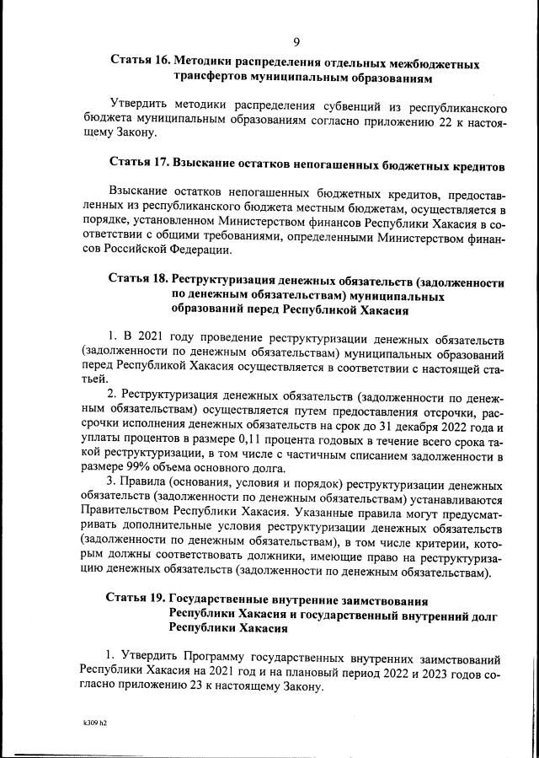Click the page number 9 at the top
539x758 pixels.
296,43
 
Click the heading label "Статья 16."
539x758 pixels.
141,63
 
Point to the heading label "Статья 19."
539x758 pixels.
135,599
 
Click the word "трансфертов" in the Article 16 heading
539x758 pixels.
216,78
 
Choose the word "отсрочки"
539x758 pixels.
443,409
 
